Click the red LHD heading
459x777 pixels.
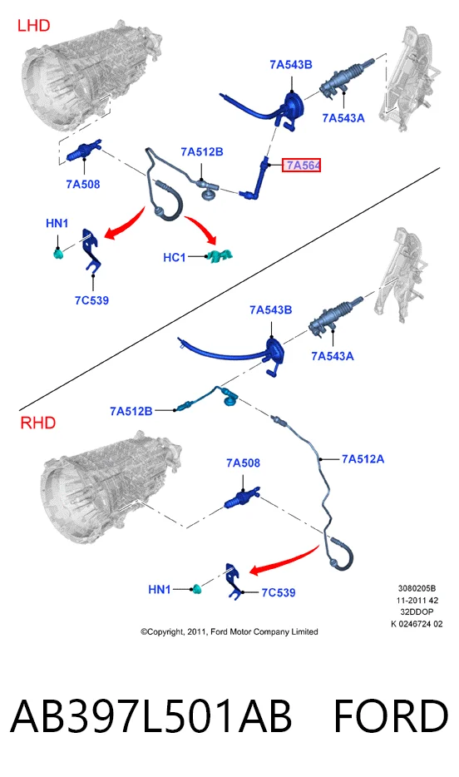(33, 25)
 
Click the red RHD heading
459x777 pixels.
(38, 423)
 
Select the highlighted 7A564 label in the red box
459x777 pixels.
(302, 165)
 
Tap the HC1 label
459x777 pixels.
(175, 257)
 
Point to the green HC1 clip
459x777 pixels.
(220, 256)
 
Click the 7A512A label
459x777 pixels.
(363, 459)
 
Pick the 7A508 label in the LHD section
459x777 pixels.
(82, 185)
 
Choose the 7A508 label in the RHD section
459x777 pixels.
(243, 463)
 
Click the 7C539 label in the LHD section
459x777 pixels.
(91, 300)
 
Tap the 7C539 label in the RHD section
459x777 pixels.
(279, 592)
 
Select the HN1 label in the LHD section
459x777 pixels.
(57, 224)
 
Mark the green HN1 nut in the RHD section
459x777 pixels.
(197, 589)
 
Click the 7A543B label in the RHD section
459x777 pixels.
(271, 309)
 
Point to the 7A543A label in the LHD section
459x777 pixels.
(343, 118)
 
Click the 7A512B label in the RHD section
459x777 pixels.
(131, 411)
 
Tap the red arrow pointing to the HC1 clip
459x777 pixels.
(203, 227)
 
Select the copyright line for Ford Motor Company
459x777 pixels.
(229, 631)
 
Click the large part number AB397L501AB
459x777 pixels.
(151, 716)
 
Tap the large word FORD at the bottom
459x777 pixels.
(391, 716)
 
